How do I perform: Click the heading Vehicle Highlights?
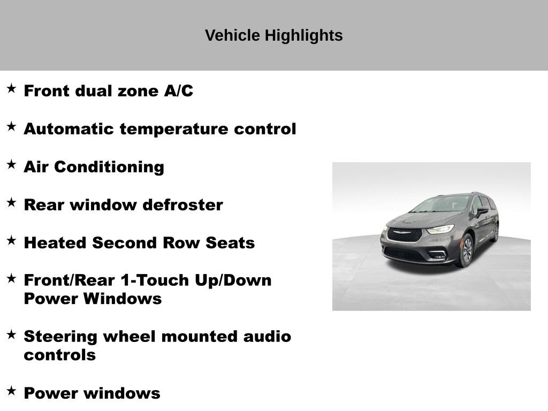click(273, 36)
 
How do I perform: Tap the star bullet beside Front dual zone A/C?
click(11, 89)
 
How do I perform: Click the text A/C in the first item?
click(178, 91)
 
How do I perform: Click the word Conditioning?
click(109, 167)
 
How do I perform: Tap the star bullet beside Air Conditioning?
click(11, 165)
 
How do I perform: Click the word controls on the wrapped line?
click(59, 355)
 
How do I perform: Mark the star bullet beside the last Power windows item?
click(11, 391)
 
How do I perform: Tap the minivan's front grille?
click(405, 234)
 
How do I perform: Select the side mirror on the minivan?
click(482, 211)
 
